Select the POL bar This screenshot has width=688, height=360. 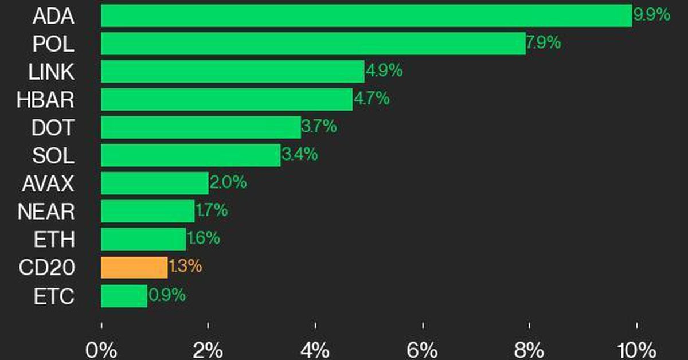[x=313, y=44]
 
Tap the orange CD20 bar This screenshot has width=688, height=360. [x=134, y=267]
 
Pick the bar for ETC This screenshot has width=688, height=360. [x=124, y=296]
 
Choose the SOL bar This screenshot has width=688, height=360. [x=190, y=155]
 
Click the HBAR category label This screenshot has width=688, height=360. [x=46, y=100]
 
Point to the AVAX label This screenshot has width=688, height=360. [x=48, y=184]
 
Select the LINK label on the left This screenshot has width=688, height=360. [x=51, y=72]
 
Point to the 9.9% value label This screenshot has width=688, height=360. [x=651, y=14]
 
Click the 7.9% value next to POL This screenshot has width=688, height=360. [x=544, y=42]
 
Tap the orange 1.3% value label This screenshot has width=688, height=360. [x=185, y=267]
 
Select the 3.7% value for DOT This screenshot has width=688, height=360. [x=319, y=127]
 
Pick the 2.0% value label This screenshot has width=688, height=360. [x=228, y=183]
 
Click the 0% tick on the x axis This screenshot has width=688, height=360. [x=101, y=349]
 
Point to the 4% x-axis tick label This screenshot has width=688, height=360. [x=315, y=349]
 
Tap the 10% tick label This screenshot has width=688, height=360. [x=636, y=349]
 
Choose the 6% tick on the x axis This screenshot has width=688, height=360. [x=423, y=349]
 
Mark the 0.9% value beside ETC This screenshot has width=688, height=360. [x=167, y=295]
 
